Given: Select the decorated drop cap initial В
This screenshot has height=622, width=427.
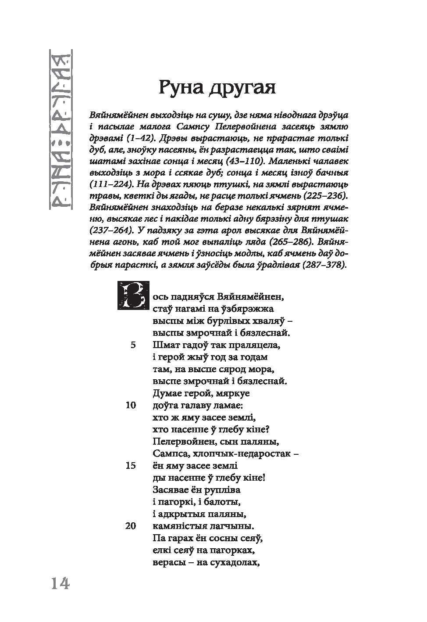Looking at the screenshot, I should pos(132,295).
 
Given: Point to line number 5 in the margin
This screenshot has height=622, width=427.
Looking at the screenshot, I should pos(133,345).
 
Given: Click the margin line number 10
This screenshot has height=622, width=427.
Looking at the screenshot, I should pos(131,405).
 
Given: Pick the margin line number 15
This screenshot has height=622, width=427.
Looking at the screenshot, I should pos(131,465).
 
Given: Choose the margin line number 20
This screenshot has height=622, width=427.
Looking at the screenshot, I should pos(131,525).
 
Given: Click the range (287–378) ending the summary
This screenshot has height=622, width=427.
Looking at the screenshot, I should pos(324,265).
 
